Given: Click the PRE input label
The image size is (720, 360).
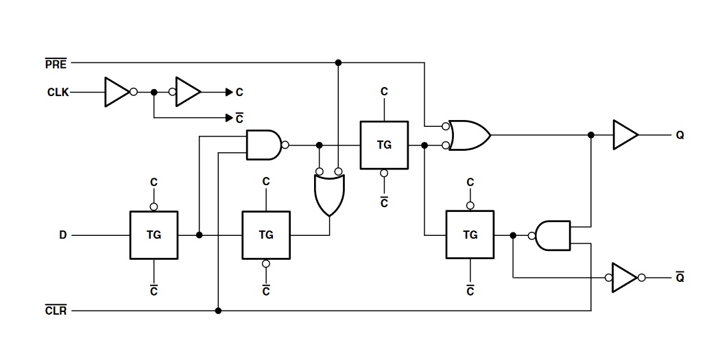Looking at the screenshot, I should (56, 64).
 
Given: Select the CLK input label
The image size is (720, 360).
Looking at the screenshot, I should (58, 92).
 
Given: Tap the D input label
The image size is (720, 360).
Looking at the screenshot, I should (62, 235).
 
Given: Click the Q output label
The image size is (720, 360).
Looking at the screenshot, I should (680, 136).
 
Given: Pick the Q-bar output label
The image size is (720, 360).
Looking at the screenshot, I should (680, 278).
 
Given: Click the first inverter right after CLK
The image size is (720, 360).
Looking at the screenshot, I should (117, 92).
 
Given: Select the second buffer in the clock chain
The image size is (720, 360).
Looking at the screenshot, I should (188, 92).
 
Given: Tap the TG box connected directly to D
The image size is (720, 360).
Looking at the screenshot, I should (154, 235).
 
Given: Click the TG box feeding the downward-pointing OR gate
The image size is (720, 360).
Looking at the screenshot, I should (266, 235).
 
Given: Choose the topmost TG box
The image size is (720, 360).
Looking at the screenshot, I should (384, 145).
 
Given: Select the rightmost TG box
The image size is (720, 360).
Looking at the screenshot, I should (470, 235).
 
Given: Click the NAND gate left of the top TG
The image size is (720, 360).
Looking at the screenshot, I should (264, 145).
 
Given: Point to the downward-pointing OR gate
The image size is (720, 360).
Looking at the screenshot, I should (329, 194).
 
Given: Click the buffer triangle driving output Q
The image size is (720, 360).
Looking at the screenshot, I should (625, 135).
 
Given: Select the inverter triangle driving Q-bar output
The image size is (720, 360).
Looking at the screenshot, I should (625, 278).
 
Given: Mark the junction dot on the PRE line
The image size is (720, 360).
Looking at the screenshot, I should (338, 62).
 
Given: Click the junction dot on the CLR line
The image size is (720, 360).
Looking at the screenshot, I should (218, 311).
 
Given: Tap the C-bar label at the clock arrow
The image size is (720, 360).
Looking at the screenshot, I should (239, 119).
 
